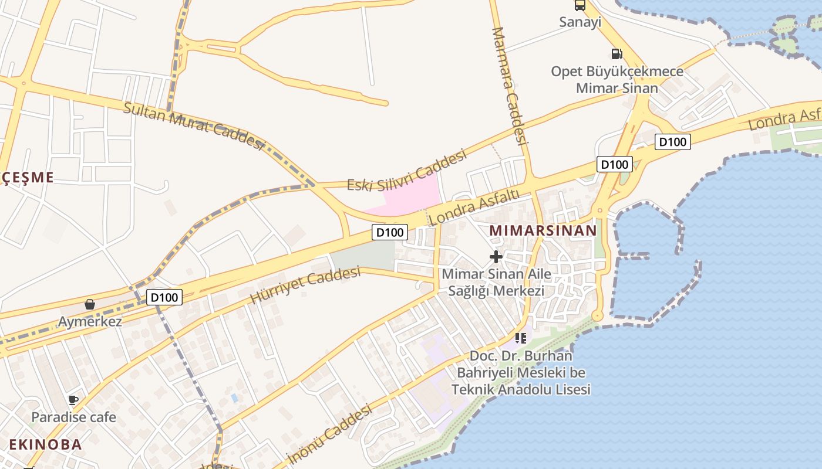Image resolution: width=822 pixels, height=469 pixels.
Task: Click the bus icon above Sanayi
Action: [x=580, y=5]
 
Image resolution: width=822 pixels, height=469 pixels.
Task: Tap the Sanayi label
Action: [x=580, y=22]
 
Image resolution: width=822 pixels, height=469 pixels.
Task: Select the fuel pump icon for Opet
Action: [x=616, y=54]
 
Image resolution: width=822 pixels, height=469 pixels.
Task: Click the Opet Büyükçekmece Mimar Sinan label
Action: [x=616, y=80]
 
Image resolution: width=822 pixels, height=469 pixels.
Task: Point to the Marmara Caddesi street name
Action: [x=508, y=85]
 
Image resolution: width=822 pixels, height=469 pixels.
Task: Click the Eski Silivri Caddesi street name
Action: [x=406, y=171]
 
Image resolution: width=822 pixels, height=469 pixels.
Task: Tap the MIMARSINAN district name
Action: [x=543, y=230]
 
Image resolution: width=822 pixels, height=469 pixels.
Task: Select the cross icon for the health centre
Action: [x=496, y=256]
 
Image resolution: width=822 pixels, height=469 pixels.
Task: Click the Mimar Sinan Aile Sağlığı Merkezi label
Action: [x=496, y=282]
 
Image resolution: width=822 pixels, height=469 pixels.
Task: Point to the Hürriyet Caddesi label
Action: [x=305, y=285]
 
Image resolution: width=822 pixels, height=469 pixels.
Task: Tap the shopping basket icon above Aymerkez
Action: [x=90, y=304]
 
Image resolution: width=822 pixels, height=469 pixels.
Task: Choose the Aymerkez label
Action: [x=90, y=321]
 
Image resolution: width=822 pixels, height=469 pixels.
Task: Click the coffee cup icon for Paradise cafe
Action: [x=73, y=400]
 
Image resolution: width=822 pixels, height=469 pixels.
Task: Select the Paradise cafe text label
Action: [x=73, y=417]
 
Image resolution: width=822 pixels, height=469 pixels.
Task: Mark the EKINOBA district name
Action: [x=45, y=444]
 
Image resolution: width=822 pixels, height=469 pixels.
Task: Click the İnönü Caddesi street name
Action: [x=329, y=434]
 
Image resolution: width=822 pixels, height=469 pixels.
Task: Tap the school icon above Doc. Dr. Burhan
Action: [x=520, y=338]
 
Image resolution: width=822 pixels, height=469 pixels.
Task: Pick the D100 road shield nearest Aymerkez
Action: [x=163, y=297]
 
